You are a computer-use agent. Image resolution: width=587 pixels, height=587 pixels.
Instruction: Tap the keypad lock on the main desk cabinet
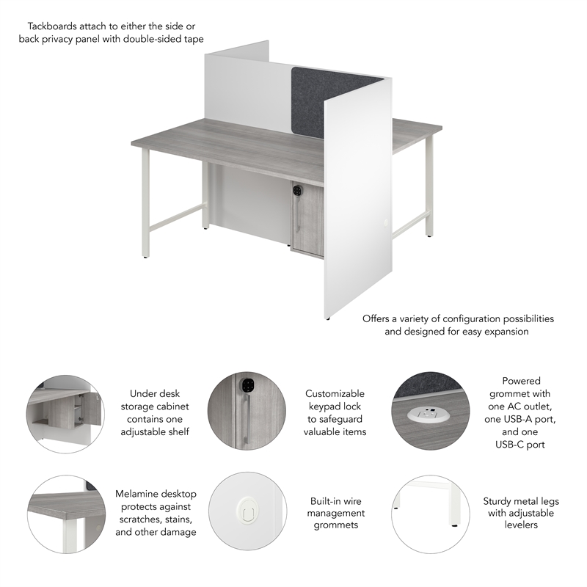pos(297,189)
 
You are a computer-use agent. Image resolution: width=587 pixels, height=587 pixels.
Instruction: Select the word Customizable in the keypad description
pos(335,394)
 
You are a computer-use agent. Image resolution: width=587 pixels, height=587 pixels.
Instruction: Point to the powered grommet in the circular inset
pos(428,415)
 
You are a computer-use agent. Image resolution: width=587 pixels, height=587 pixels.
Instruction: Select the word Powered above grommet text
pos(521,381)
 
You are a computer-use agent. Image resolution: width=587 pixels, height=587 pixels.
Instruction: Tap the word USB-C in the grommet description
pos(521,444)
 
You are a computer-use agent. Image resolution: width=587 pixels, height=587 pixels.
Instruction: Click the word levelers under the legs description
pos(521,525)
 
